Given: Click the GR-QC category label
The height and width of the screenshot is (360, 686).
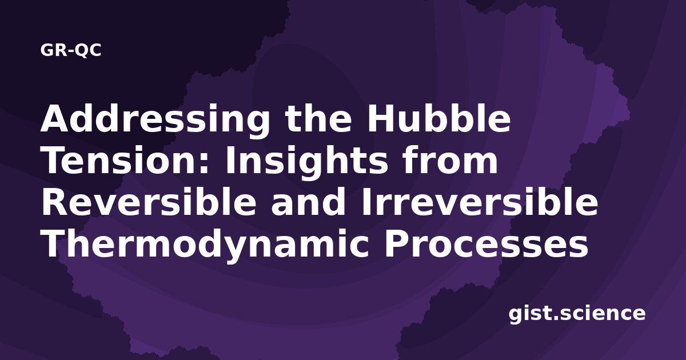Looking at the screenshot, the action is (71, 50).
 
